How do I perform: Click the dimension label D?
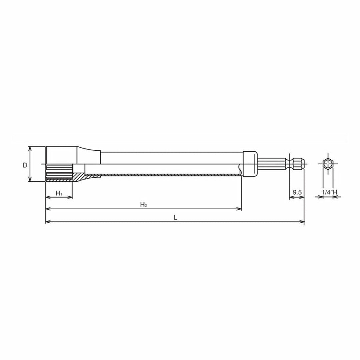[x=25, y=165]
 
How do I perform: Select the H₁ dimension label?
[x=59, y=193]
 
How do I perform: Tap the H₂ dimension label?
[x=143, y=204]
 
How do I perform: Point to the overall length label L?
[x=175, y=217]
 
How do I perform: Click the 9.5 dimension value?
[x=297, y=192]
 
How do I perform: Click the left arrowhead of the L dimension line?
[x=47, y=222]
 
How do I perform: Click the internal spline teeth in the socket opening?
[x=59, y=172]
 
